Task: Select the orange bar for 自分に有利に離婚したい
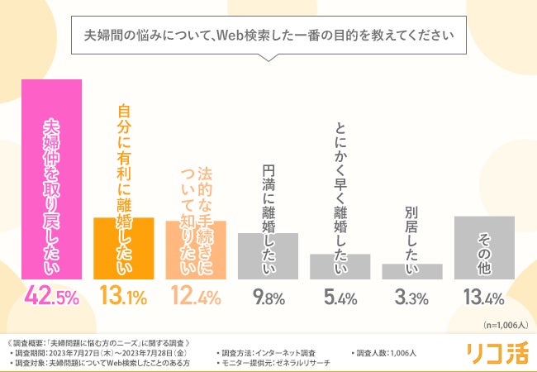point(123,249)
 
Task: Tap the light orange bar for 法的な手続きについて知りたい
point(196,250)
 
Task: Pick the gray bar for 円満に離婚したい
point(268,256)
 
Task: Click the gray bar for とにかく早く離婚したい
point(340,267)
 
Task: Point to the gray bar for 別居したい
point(412,272)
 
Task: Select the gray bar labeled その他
point(484,248)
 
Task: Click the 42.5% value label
point(50,295)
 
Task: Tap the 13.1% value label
point(123,295)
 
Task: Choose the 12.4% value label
point(196,295)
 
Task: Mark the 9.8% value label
point(268,296)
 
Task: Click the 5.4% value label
point(340,296)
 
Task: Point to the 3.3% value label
point(412,296)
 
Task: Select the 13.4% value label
point(484,296)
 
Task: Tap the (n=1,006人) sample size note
point(503,325)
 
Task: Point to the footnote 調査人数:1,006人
point(386,353)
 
